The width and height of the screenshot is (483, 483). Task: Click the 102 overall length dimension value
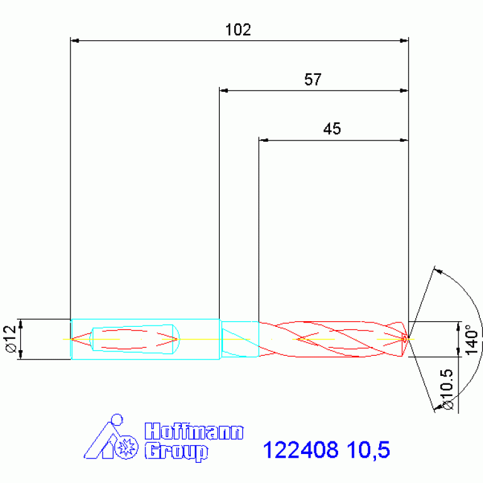click(x=238, y=30)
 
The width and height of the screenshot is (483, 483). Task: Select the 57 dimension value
click(x=312, y=79)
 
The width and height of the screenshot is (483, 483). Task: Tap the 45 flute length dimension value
click(x=332, y=128)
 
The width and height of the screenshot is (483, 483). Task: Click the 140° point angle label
click(x=471, y=340)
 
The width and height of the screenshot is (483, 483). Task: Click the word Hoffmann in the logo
click(x=194, y=431)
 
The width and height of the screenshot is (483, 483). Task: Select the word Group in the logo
click(x=176, y=452)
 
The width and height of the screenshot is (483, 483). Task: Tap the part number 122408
click(x=300, y=450)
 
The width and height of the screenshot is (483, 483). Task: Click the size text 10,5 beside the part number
click(x=368, y=450)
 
